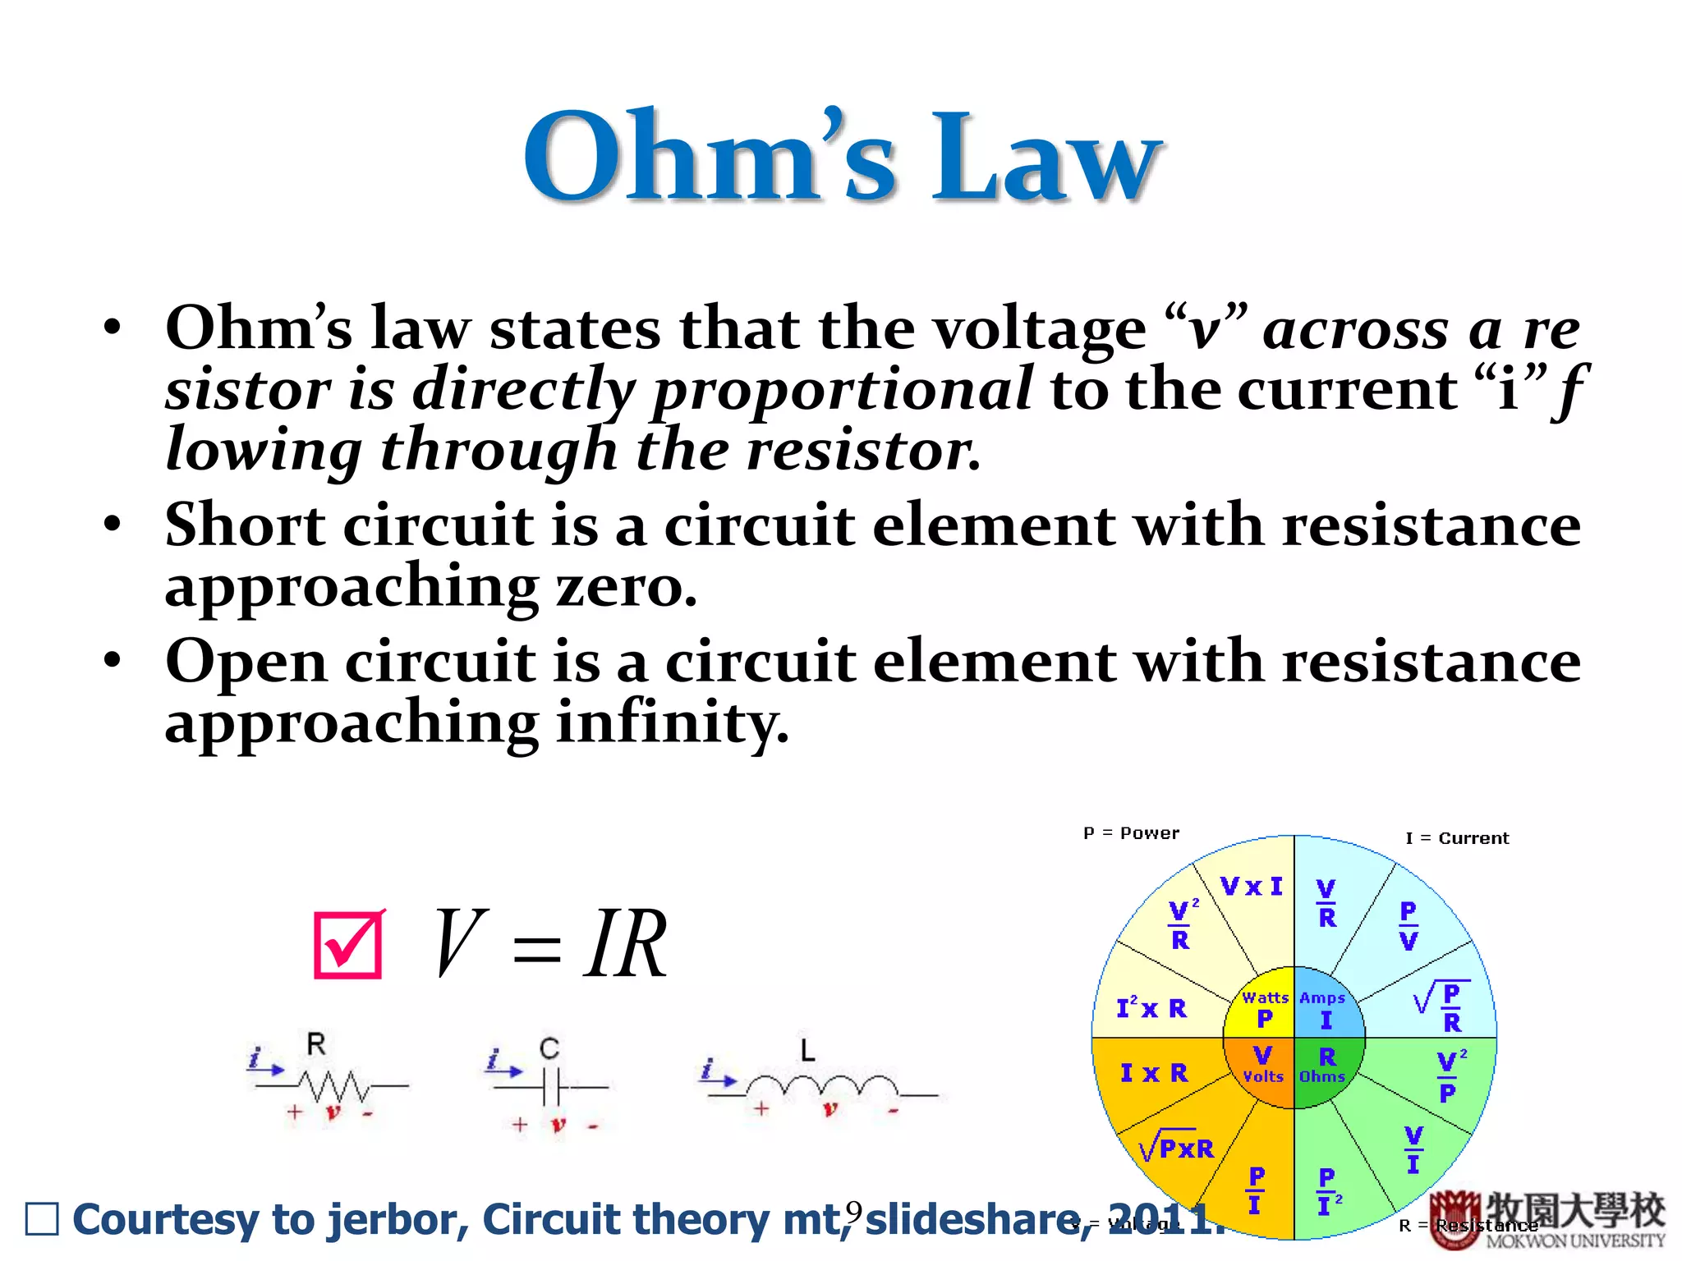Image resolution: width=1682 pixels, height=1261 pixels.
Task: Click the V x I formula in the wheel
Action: coord(1251,887)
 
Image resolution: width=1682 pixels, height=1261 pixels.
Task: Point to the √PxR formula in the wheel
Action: coord(1177,1147)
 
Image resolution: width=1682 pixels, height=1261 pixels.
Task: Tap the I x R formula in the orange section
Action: coord(1154,1073)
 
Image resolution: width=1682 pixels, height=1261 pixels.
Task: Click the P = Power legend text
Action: coord(1131,833)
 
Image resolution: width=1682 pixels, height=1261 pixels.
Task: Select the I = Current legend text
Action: coord(1457,838)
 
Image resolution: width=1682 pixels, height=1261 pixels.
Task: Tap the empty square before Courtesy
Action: coord(42,1219)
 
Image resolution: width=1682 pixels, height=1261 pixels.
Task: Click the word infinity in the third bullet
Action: coord(672,722)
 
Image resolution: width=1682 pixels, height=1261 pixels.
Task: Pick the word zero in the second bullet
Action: coord(626,587)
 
